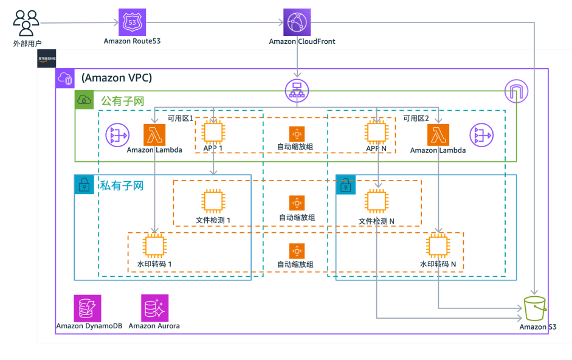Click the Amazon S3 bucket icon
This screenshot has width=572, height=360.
(536, 310)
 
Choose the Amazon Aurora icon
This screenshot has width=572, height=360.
(154, 308)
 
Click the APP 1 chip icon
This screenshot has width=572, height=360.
(213, 133)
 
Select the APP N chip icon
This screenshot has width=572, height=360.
(376, 133)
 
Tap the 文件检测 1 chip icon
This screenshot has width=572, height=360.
(213, 202)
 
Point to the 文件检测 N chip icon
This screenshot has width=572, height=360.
(376, 202)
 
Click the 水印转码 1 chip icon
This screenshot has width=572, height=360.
(154, 246)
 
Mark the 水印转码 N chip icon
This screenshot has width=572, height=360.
(438, 246)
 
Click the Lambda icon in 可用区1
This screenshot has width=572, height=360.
(154, 135)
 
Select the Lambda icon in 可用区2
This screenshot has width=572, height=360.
(438, 135)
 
